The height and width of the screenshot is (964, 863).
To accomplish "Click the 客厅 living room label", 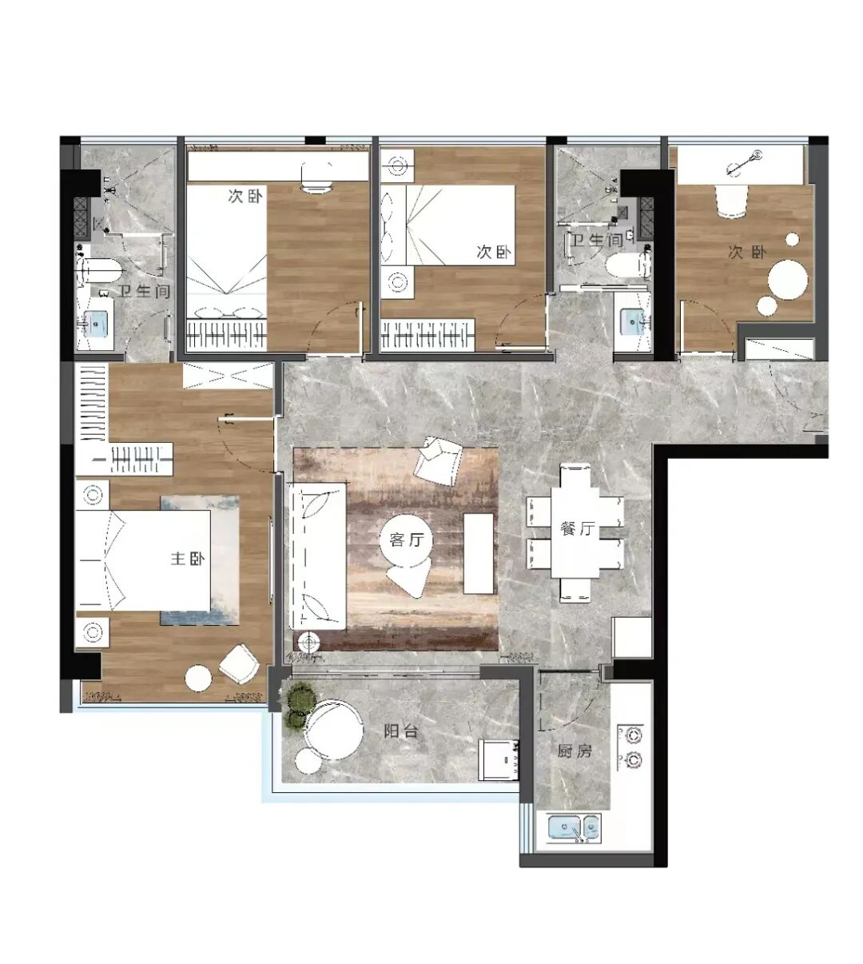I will click(x=405, y=540).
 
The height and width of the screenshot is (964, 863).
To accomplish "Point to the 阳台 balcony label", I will click(x=400, y=731).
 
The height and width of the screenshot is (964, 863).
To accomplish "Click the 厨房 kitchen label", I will click(x=575, y=751).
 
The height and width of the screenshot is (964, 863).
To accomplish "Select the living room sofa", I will click(x=317, y=556).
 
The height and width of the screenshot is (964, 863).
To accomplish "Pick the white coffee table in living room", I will click(x=479, y=552).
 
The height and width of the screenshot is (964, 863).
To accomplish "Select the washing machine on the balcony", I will click(x=500, y=759).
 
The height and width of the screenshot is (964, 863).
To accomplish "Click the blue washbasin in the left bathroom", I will click(x=97, y=324).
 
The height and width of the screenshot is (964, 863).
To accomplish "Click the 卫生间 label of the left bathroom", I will click(x=145, y=292).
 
